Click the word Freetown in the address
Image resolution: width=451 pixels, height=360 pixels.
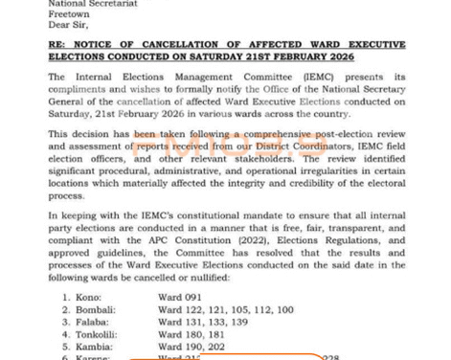[71, 13]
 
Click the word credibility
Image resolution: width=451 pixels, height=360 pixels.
[337, 185]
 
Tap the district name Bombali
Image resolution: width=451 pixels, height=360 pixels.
[97, 310]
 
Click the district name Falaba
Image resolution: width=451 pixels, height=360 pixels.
[94, 323]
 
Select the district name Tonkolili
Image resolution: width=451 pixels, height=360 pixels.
[99, 335]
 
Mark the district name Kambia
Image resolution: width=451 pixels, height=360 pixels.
[95, 347]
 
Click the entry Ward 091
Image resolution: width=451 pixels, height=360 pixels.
[181, 298]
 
